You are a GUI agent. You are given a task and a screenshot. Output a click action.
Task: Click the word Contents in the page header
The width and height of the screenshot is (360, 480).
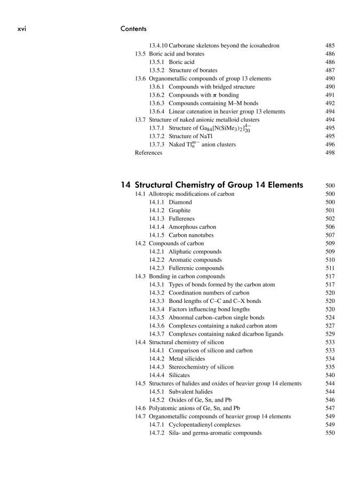pyautogui.click(x=133, y=29)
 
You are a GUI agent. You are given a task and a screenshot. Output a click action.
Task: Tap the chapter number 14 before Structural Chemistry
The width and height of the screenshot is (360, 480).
pyautogui.click(x=125, y=185)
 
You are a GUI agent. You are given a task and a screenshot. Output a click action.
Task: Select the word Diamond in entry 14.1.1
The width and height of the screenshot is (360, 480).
pyautogui.click(x=180, y=203)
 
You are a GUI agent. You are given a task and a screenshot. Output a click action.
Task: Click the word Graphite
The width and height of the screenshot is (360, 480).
pyautogui.click(x=180, y=211)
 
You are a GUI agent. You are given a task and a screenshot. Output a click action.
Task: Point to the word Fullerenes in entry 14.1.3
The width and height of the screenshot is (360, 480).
pyautogui.click(x=182, y=219)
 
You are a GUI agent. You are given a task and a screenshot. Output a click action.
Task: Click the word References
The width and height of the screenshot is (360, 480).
pyautogui.click(x=149, y=153)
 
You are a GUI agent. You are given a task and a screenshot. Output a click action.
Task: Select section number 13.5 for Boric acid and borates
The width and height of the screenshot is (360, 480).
pyautogui.click(x=140, y=54)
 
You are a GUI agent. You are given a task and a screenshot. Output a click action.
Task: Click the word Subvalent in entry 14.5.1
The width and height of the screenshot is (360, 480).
pyautogui.click(x=182, y=392)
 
